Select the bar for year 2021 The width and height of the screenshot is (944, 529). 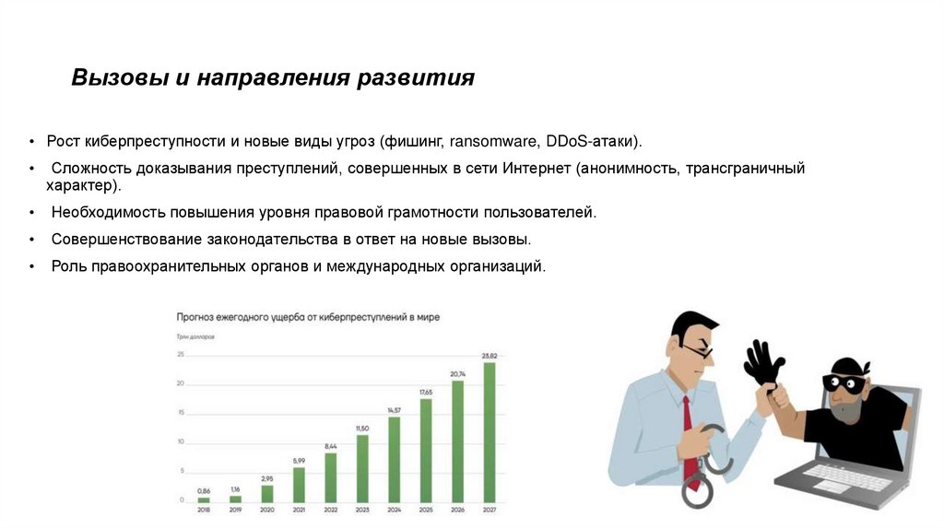point(299,484)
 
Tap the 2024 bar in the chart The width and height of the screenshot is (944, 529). point(394,459)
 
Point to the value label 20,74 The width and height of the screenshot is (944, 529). point(457,372)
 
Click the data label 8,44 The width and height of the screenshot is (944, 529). point(330,446)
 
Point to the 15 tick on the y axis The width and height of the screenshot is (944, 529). point(181,413)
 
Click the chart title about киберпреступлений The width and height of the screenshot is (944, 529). point(308,317)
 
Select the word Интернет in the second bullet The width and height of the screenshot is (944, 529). point(537,168)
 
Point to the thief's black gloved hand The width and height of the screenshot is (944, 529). point(762,364)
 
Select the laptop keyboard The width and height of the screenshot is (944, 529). point(844,476)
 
